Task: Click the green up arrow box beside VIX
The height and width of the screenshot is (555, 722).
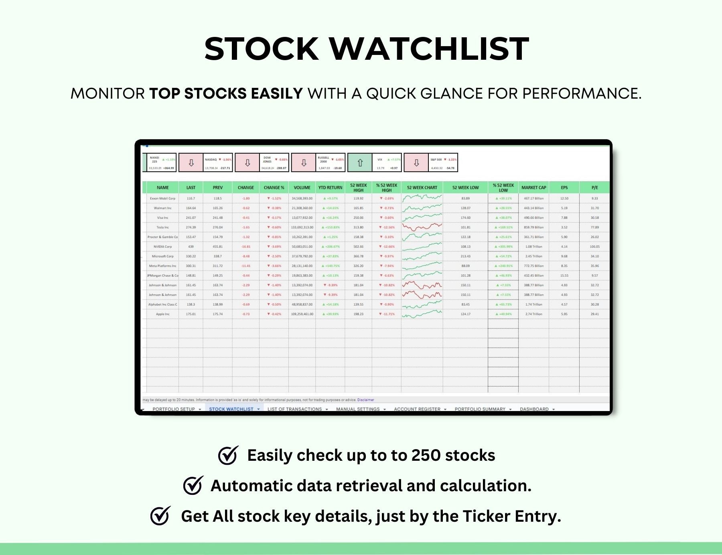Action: pyautogui.click(x=360, y=162)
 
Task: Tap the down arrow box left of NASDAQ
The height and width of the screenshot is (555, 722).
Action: pyautogui.click(x=191, y=162)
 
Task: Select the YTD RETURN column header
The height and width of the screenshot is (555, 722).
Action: pyautogui.click(x=330, y=188)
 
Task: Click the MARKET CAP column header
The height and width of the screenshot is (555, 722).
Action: pyautogui.click(x=533, y=188)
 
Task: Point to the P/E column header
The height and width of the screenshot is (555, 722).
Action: pyautogui.click(x=594, y=188)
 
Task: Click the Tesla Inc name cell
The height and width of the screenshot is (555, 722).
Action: pyautogui.click(x=162, y=227)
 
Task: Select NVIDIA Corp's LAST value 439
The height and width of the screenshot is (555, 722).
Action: pyautogui.click(x=191, y=247)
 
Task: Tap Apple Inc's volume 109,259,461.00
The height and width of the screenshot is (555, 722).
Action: pyautogui.click(x=302, y=314)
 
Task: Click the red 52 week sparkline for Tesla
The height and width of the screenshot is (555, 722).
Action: pyautogui.click(x=422, y=227)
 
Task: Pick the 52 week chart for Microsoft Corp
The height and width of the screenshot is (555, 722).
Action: pyautogui.click(x=422, y=256)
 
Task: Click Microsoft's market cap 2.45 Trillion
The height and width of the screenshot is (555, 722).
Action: pyautogui.click(x=533, y=256)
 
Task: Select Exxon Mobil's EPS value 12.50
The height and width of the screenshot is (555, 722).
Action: pyautogui.click(x=564, y=199)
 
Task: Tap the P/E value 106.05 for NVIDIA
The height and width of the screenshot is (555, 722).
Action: pyautogui.click(x=594, y=247)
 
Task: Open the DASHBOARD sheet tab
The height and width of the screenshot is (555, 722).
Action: pyautogui.click(x=534, y=409)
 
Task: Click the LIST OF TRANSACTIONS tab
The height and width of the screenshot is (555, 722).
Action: pyautogui.click(x=294, y=409)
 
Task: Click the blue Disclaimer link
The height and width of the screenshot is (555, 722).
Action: pyautogui.click(x=365, y=400)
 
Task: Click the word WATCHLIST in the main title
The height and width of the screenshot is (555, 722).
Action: pyautogui.click(x=429, y=49)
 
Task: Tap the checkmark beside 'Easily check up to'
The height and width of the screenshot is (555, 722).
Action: pyautogui.click(x=228, y=455)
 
